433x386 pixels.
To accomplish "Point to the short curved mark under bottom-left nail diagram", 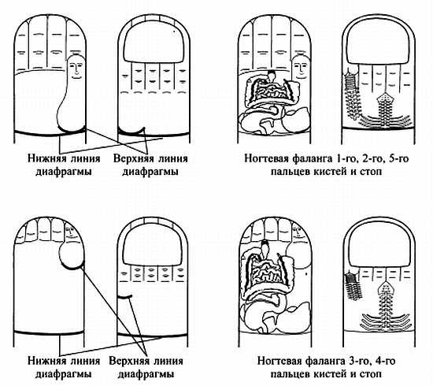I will pyautogui.click(x=124, y=294).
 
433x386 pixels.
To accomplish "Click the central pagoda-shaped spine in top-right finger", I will pyautogui.click(x=388, y=106).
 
